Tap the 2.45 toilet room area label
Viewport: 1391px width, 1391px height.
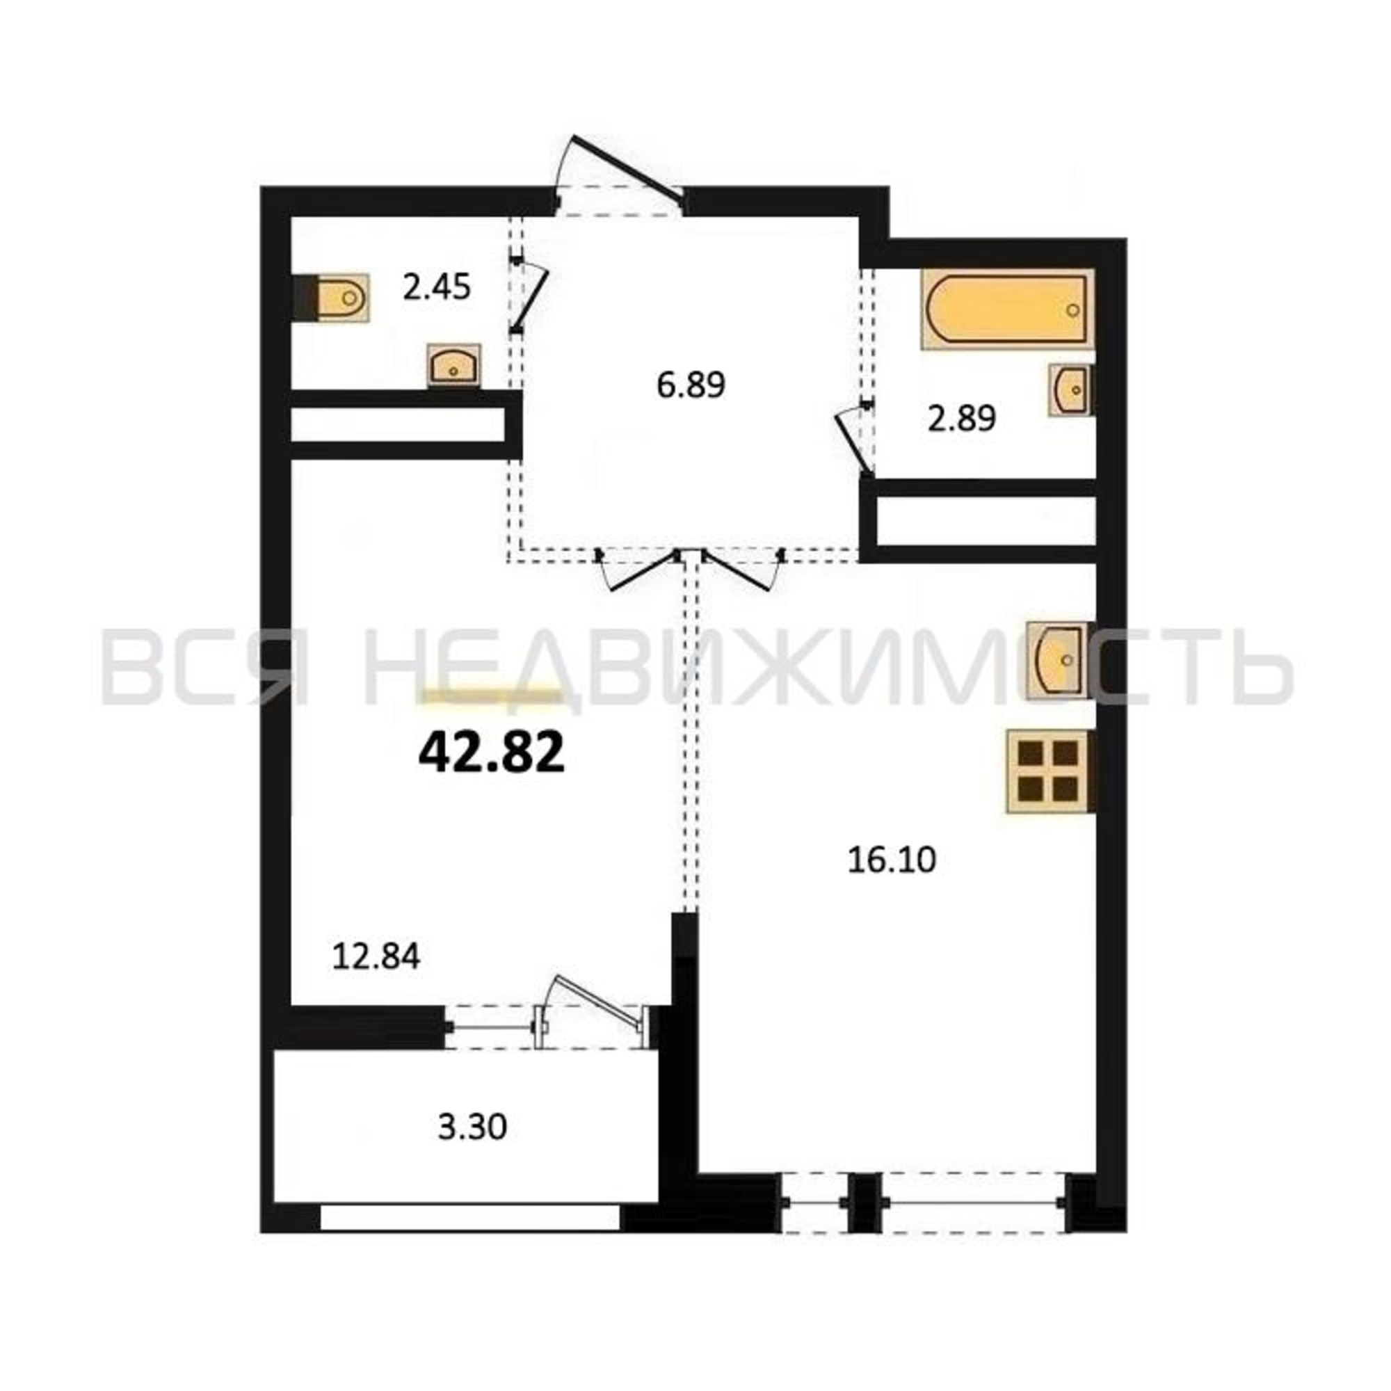pyautogui.click(x=437, y=289)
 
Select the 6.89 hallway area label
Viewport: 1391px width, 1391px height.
pyautogui.click(x=691, y=385)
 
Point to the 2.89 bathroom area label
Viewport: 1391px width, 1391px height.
pyautogui.click(x=961, y=418)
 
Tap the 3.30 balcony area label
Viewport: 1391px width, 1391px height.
pyautogui.click(x=472, y=1127)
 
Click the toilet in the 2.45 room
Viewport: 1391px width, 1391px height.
pyautogui.click(x=331, y=298)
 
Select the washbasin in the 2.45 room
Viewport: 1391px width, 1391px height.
pyautogui.click(x=453, y=365)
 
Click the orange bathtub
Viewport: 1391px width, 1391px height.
pyautogui.click(x=1007, y=309)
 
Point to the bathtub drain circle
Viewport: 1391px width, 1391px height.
pyautogui.click(x=1073, y=310)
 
